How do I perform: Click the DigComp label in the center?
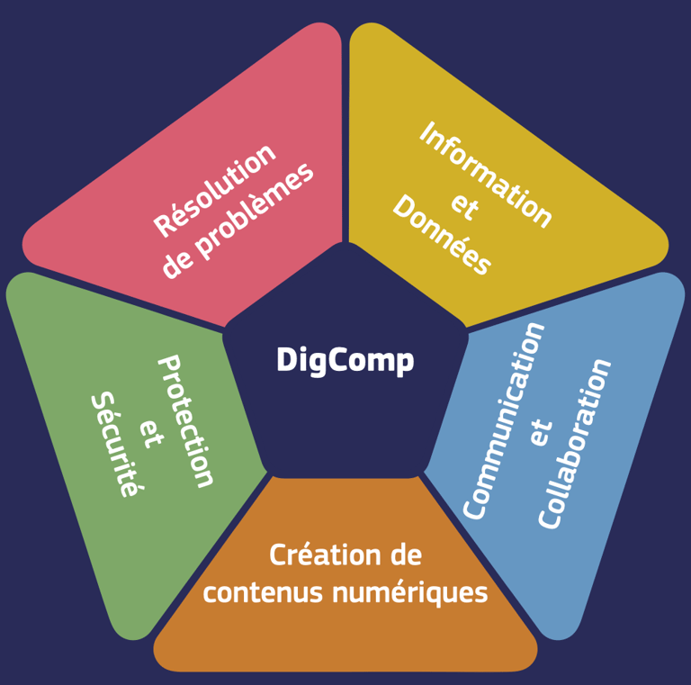(x=345, y=360)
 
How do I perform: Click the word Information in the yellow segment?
(x=486, y=175)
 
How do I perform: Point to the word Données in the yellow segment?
(x=442, y=237)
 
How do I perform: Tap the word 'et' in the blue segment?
(x=539, y=432)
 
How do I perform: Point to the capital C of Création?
(x=278, y=554)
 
